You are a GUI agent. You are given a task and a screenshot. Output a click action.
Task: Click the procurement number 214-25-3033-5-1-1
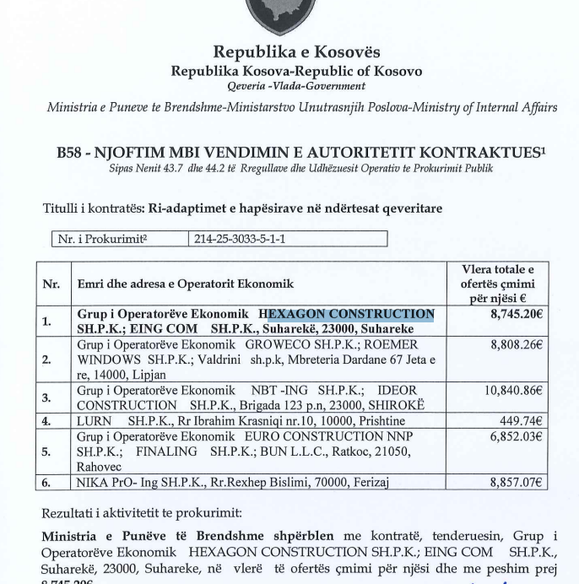point(238,239)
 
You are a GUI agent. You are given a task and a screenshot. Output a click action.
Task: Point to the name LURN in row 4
point(94,421)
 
